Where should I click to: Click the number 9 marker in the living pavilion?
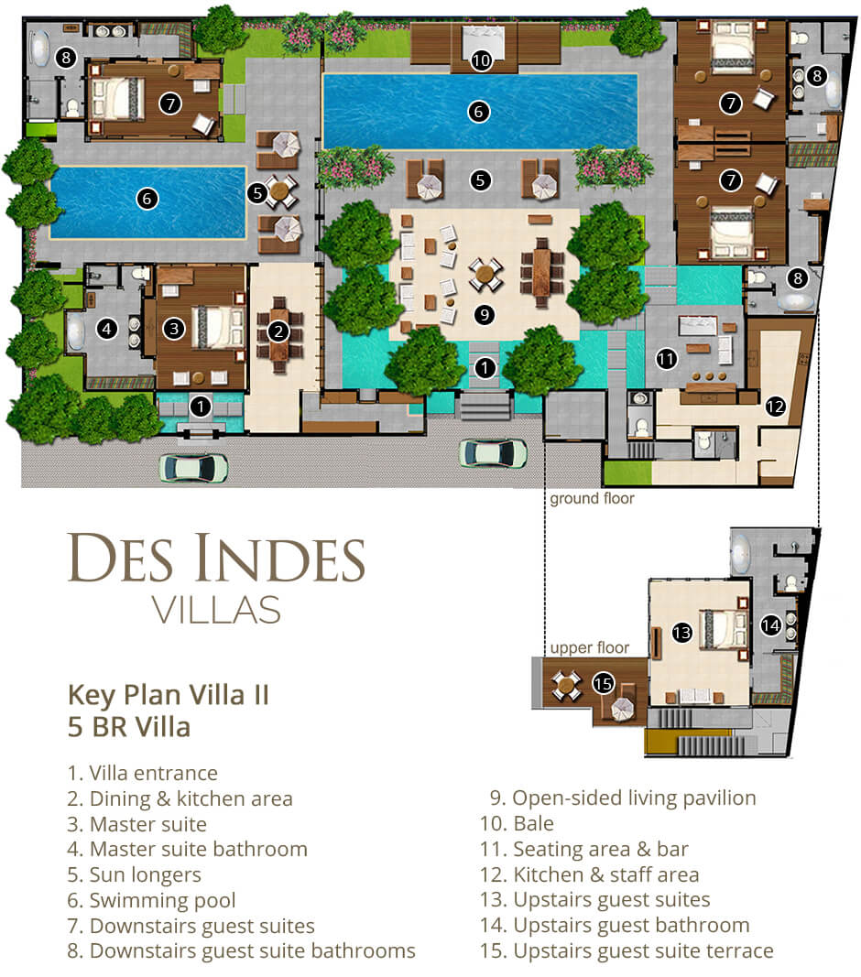pos(485,313)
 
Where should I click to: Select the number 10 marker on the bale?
pos(481,61)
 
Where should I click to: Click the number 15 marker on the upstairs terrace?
pos(602,682)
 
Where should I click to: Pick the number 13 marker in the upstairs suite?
pos(681,632)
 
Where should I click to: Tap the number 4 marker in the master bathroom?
pos(107,327)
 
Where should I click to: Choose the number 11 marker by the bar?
pos(666,360)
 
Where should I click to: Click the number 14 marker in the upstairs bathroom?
pos(770,626)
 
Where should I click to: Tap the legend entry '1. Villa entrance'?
pos(142,774)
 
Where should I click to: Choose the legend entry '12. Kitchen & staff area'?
pos(589,874)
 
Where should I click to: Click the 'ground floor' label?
pos(592,499)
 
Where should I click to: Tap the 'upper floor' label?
pos(589,647)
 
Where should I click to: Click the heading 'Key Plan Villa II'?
pos(169,694)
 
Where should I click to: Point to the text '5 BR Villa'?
pos(129,728)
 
